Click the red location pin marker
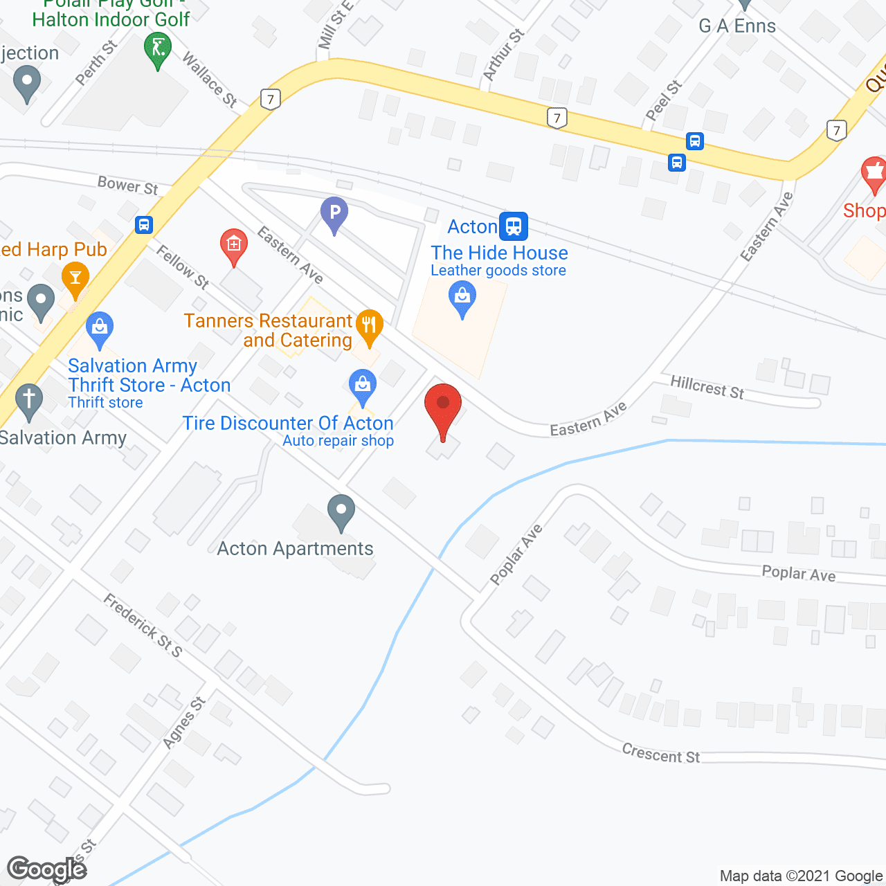pos(442,408)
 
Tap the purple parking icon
pos(334,213)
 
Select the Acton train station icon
pos(514,226)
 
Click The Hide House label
pos(499,253)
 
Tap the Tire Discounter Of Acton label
pos(287,423)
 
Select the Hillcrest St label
pos(707,387)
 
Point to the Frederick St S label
pos(143,625)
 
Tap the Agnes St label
pos(183,723)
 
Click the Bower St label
pos(128,186)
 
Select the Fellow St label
pos(183,266)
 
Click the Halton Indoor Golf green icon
pos(158,51)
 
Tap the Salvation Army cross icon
pos(29,400)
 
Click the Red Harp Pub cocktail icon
pos(75,280)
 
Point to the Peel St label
pos(663,100)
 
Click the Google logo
pos(47,869)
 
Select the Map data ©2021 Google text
pos(802,876)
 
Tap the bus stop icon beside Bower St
pos(143,224)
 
